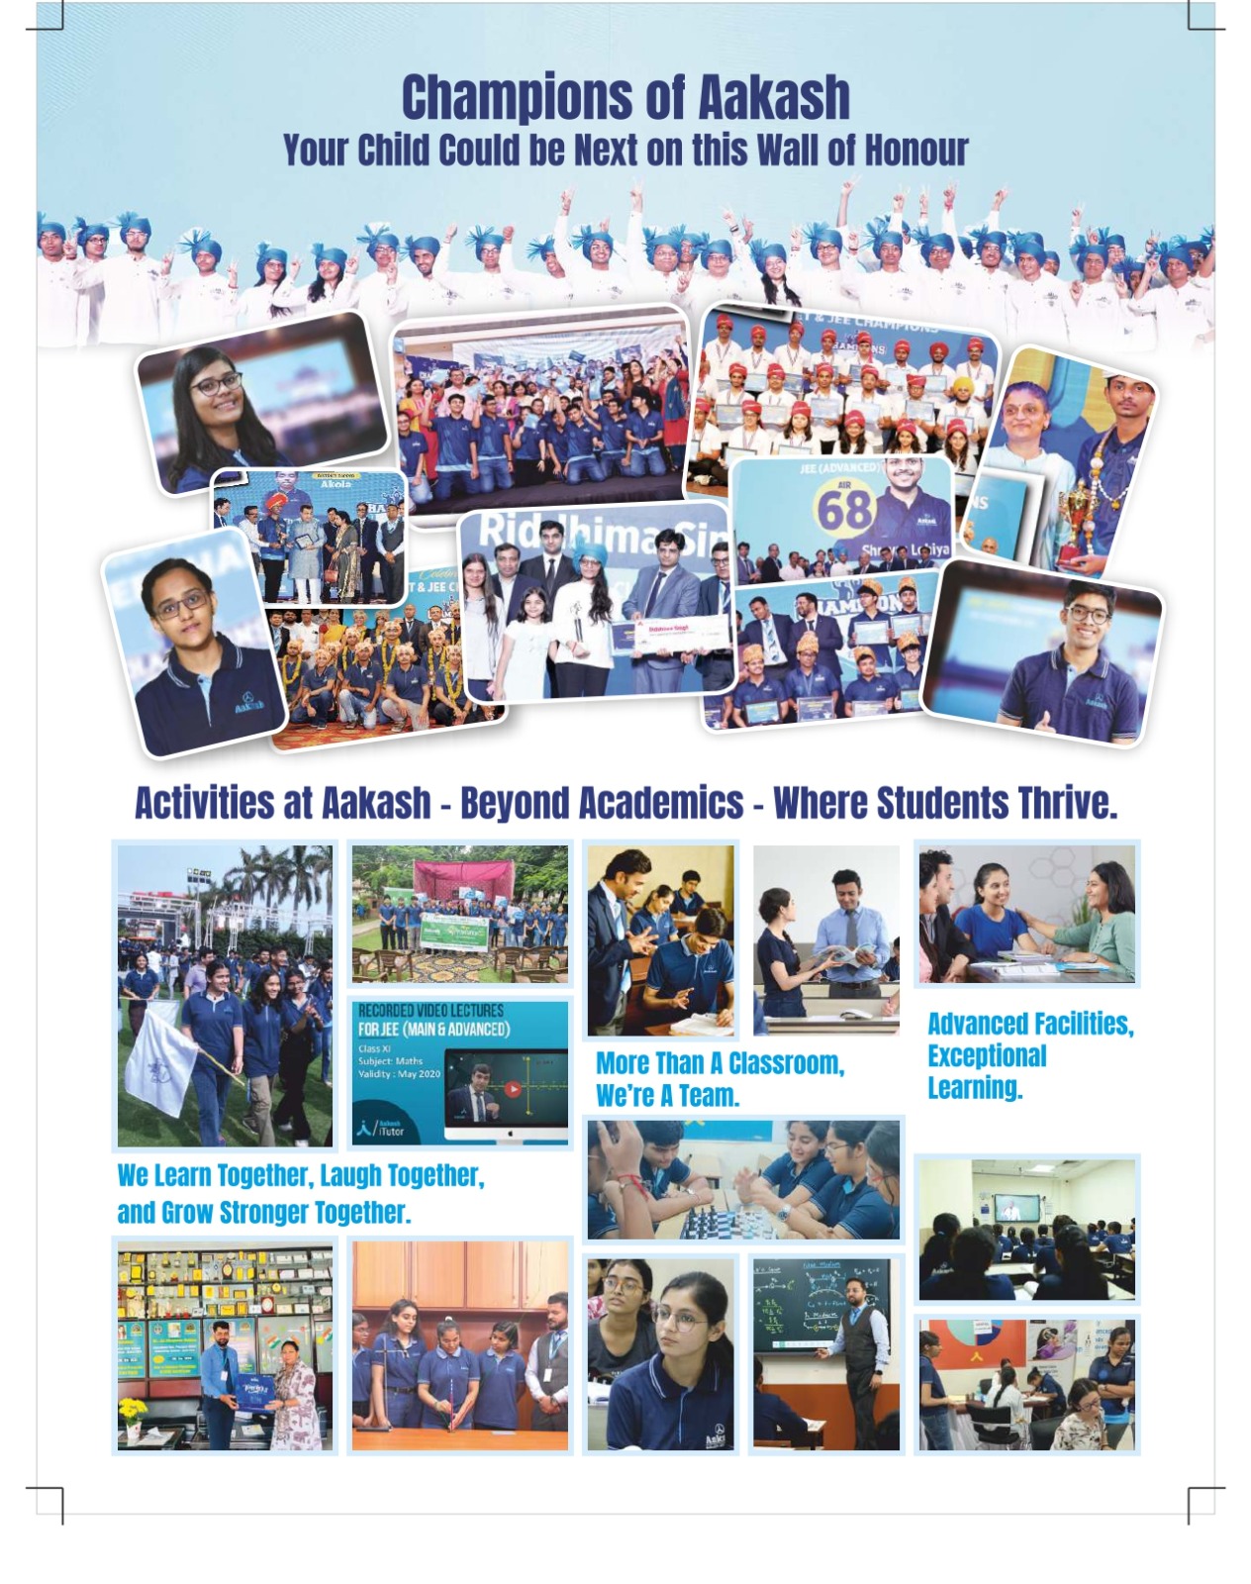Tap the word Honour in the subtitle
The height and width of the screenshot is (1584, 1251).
915,150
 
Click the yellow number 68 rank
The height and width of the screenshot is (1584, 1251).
844,509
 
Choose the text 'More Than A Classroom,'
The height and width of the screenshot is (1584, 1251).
720,1063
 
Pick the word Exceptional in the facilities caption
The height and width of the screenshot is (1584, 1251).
987,1055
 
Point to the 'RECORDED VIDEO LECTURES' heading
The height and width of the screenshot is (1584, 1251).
431,1011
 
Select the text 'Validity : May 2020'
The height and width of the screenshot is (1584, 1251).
399,1074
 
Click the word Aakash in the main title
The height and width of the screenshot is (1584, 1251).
774,97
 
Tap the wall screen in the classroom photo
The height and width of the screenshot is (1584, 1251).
1016,1208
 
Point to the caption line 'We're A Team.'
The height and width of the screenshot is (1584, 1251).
667,1096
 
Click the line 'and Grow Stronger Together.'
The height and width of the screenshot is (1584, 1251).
263,1213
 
